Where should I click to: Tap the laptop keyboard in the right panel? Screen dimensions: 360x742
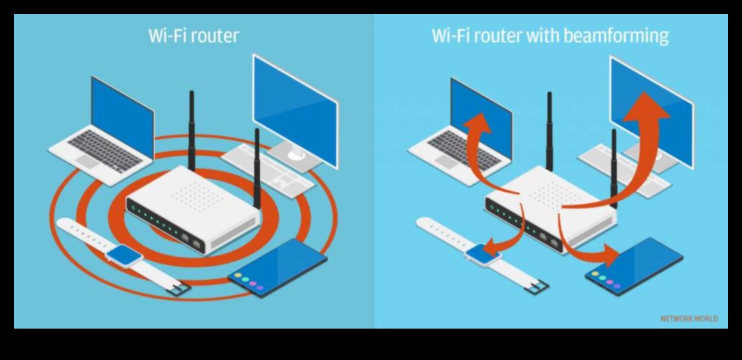464,148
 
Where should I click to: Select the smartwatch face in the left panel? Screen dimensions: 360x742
124,255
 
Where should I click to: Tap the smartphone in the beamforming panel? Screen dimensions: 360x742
635,265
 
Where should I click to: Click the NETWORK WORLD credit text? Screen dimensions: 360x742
688,319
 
